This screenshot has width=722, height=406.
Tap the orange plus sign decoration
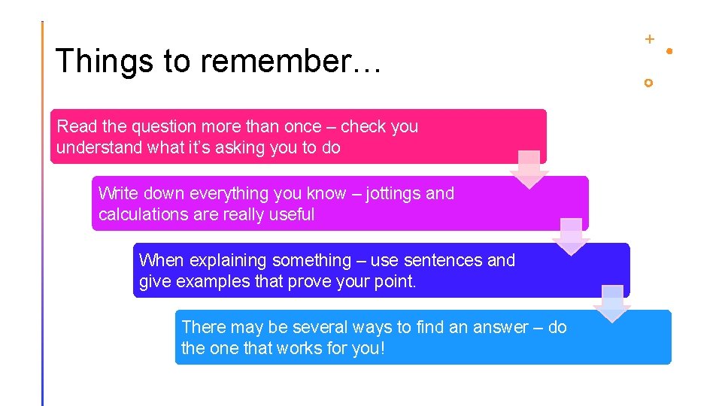649,38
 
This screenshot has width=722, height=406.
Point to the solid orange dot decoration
669,51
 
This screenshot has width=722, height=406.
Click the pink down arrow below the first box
529,170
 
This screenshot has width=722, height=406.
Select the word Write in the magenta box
116,193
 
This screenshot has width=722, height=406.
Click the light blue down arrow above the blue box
613,304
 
